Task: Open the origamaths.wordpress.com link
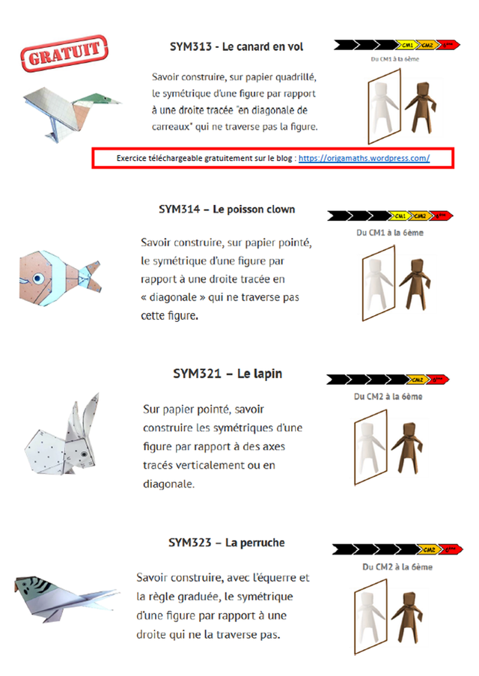pos(364,158)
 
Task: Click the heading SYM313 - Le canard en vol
pos(237,46)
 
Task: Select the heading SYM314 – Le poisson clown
pos(227,210)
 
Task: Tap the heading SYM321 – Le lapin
pos(228,374)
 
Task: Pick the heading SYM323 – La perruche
pos(227,542)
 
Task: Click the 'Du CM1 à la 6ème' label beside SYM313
pos(396,60)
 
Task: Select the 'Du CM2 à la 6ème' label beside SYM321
pos(393,396)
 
